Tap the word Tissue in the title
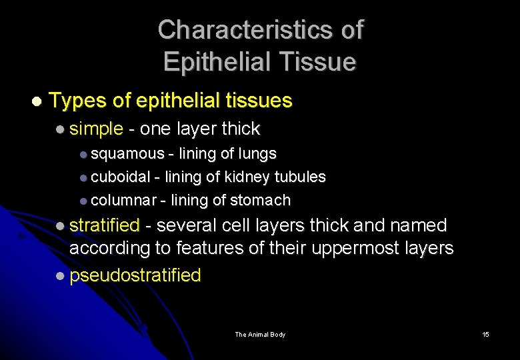317,62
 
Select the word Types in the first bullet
78,101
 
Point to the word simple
96,129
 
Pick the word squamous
127,154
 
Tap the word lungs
259,154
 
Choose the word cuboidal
120,177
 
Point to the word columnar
123,201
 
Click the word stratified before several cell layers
105,226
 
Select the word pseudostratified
135,275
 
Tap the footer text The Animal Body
260,335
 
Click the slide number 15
485,335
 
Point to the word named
413,226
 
